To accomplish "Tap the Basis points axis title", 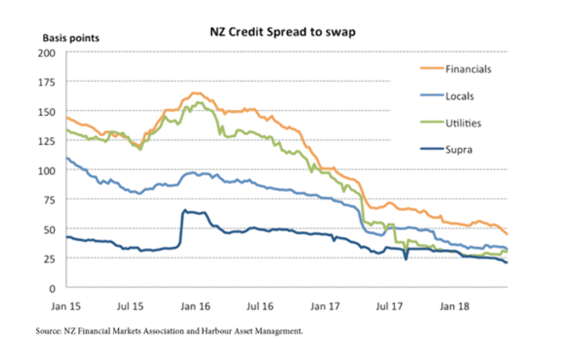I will click(x=71, y=37).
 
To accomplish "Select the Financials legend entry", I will click(x=468, y=69).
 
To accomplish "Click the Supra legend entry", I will click(x=459, y=149).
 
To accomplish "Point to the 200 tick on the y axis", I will click(x=47, y=53).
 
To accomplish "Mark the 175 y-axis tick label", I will click(x=47, y=82).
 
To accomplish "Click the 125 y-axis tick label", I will click(x=47, y=141).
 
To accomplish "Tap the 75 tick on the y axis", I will click(x=50, y=200).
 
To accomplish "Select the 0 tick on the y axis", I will click(x=52, y=288).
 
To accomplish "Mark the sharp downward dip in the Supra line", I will click(x=406, y=258).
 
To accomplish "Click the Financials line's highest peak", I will click(x=195, y=93).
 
